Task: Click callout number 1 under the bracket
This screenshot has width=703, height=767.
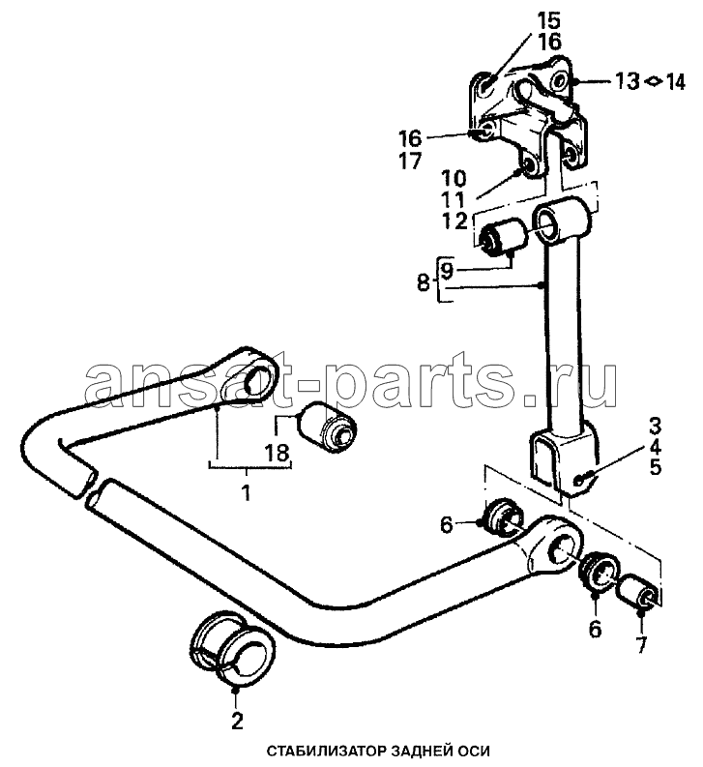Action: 246,492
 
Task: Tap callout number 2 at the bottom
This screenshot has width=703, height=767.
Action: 237,721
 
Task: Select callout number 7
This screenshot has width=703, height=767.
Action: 641,645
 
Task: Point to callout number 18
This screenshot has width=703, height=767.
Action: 278,453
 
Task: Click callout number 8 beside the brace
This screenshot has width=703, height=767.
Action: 424,282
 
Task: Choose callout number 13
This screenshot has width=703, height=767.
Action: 627,80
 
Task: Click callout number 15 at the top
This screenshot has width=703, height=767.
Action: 549,21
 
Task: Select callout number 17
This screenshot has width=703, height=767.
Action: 410,161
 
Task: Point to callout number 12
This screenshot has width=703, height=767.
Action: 454,221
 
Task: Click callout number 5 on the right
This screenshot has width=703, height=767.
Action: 655,467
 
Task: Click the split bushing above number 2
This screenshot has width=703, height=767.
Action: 230,647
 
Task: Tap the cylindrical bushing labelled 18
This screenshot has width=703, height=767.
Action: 327,424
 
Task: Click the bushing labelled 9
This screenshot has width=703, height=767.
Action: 504,237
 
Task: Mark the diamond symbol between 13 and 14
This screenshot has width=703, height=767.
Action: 652,81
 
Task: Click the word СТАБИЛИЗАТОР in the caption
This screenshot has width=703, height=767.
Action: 322,751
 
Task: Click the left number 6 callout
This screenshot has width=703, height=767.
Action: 446,525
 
